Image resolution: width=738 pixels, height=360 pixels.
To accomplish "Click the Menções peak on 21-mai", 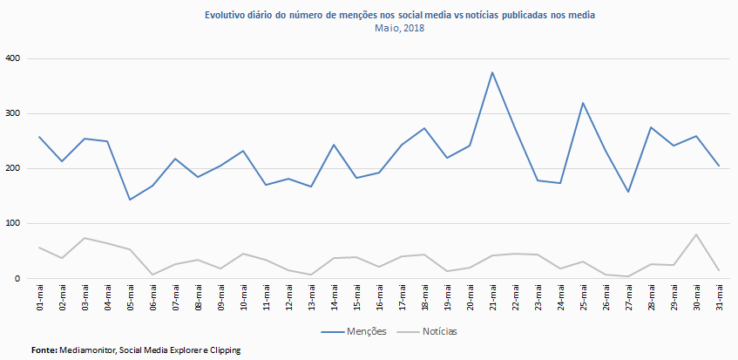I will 492,72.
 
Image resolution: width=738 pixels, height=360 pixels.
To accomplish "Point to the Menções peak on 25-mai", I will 582,103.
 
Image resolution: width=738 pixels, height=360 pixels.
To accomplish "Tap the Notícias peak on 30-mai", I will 696,234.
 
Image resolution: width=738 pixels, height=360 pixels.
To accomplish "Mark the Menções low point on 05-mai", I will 130,200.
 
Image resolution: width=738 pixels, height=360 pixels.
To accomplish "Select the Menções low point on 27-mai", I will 627,192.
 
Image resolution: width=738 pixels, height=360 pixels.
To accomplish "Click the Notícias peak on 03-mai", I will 85,238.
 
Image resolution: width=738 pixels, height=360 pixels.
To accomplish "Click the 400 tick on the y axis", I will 11,58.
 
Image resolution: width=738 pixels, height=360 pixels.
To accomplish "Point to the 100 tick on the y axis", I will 11,224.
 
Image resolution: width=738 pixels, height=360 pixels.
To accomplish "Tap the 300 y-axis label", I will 11,113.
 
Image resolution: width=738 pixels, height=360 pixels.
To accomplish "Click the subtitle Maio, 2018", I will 400,28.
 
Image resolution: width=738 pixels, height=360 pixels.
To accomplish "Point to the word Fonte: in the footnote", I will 44,350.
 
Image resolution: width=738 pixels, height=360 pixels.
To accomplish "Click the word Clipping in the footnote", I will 221,350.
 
